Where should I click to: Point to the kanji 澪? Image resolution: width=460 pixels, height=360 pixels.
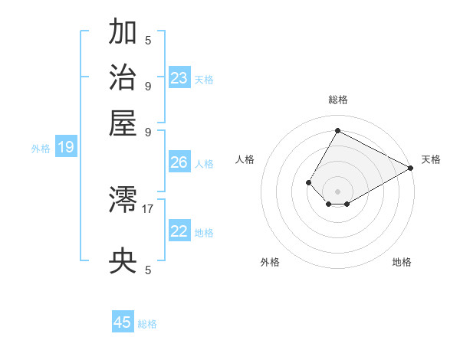pyautogui.click(x=123, y=201)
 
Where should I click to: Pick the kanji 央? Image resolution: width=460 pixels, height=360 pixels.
pyautogui.click(x=123, y=262)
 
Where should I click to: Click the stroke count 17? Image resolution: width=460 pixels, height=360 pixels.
pyautogui.click(x=148, y=208)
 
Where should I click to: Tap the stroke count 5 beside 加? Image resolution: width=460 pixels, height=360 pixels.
pyautogui.click(x=148, y=40)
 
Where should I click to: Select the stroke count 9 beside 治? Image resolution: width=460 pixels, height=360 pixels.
pyautogui.click(x=148, y=85)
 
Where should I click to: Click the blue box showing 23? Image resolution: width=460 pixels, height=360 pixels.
pyautogui.click(x=179, y=77)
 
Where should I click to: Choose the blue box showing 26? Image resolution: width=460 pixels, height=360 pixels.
pyautogui.click(x=179, y=162)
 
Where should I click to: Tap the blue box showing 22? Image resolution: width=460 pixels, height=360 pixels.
pyautogui.click(x=179, y=231)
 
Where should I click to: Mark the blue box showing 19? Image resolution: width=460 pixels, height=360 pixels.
pyautogui.click(x=66, y=147)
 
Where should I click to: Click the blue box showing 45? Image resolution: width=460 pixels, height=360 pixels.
pyautogui.click(x=123, y=322)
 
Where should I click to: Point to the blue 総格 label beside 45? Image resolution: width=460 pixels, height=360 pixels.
pyautogui.click(x=147, y=324)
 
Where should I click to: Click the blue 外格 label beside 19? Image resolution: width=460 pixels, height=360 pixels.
pyautogui.click(x=41, y=149)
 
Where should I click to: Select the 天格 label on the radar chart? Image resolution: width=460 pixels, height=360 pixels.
pyautogui.click(x=431, y=159)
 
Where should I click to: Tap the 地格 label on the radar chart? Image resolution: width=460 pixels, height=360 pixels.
pyautogui.click(x=402, y=262)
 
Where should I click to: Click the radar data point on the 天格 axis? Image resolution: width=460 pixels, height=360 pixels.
pyautogui.click(x=410, y=168)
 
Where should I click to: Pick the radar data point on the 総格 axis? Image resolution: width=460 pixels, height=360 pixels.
pyautogui.click(x=337, y=130)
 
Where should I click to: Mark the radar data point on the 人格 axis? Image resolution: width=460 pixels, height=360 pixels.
pyautogui.click(x=308, y=182)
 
